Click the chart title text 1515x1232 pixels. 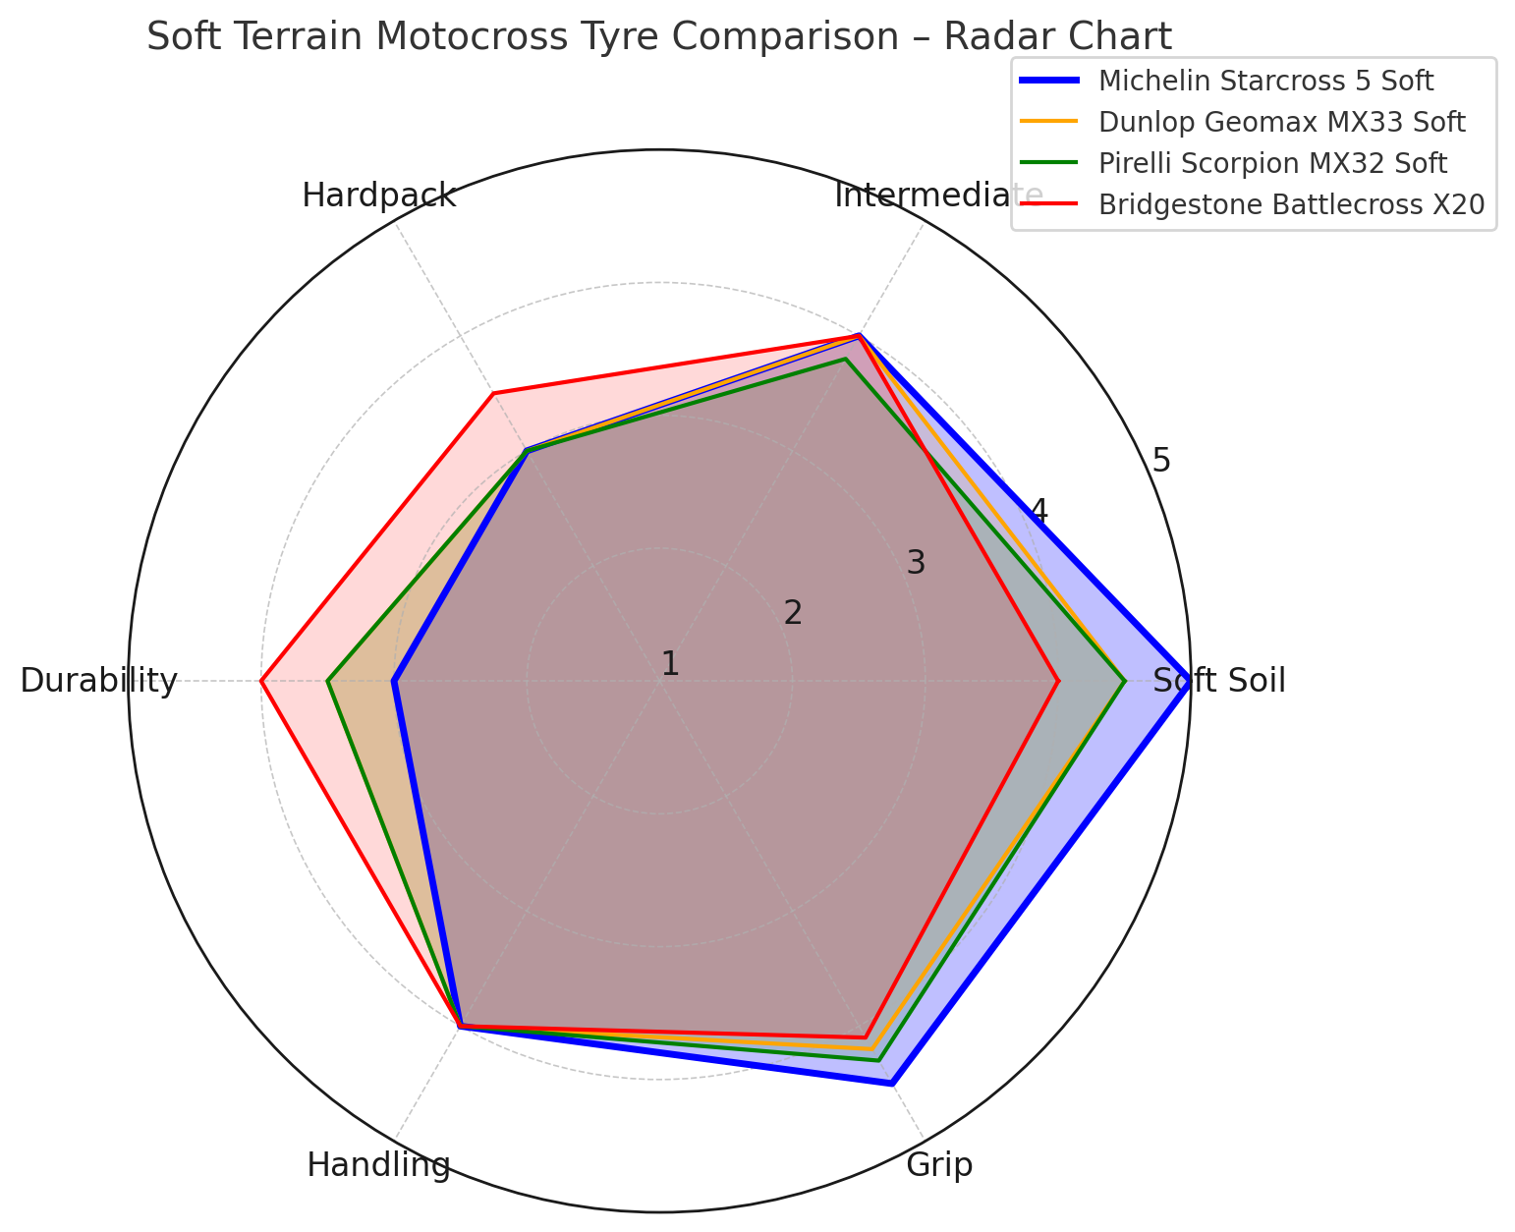[x=658, y=37]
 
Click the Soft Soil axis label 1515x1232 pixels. [x=1219, y=681]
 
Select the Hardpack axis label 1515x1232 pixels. [x=378, y=196]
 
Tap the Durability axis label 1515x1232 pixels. [x=98, y=681]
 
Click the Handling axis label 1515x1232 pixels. [x=378, y=1165]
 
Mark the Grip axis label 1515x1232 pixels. [x=939, y=1165]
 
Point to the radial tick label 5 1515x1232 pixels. [x=1161, y=460]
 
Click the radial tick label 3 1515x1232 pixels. [x=916, y=563]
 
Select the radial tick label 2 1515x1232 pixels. [x=793, y=613]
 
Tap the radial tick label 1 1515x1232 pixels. [x=670, y=664]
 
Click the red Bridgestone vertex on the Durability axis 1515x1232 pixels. [x=261, y=681]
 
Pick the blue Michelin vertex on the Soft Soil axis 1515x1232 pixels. [x=1190, y=681]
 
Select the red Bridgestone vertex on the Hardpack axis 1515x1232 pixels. [x=493, y=394]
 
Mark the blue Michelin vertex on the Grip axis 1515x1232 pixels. [x=891, y=1084]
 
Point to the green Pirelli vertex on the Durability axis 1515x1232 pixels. [x=328, y=681]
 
